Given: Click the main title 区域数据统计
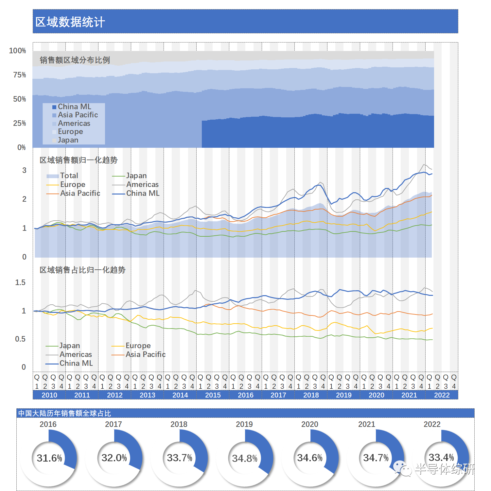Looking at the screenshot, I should point(70,22).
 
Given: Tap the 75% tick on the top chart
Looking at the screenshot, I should point(20,75).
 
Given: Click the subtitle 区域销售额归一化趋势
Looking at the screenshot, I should point(79,160).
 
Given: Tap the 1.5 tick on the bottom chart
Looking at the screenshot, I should point(20,282).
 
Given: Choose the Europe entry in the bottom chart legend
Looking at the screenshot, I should point(138,346).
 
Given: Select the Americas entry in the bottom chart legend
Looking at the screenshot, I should point(76,354).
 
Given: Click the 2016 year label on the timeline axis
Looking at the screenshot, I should point(246,395).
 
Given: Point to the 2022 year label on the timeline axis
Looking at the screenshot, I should point(442,395).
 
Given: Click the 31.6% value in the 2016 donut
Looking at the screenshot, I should point(49,458).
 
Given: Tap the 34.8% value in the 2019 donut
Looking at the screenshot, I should point(245,458).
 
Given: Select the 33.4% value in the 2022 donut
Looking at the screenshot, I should point(441,457).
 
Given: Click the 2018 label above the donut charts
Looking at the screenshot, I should point(179,424).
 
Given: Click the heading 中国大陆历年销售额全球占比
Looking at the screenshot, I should point(64,413).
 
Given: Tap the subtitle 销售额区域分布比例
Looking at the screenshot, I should point(75,60).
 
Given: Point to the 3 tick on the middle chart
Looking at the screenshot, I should point(24,170).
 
